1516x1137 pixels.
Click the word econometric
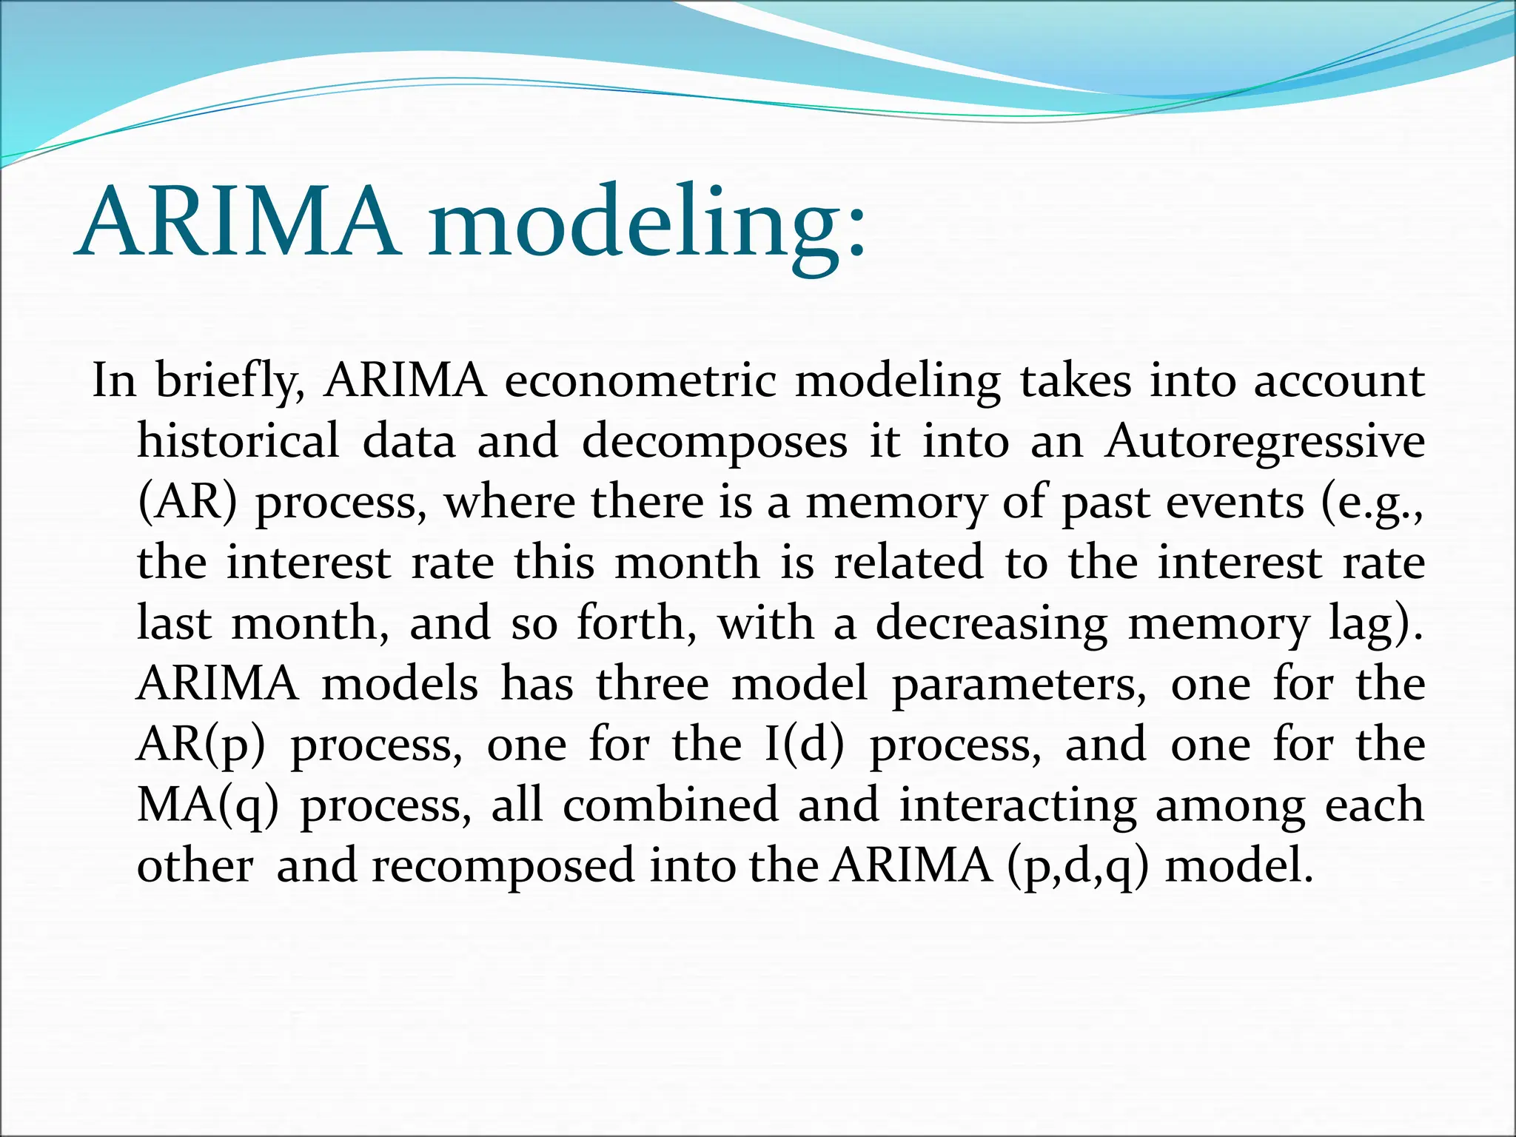click(x=640, y=381)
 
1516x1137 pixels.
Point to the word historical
click(x=238, y=441)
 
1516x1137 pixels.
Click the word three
click(x=652, y=684)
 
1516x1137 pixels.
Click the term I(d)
click(x=804, y=745)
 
